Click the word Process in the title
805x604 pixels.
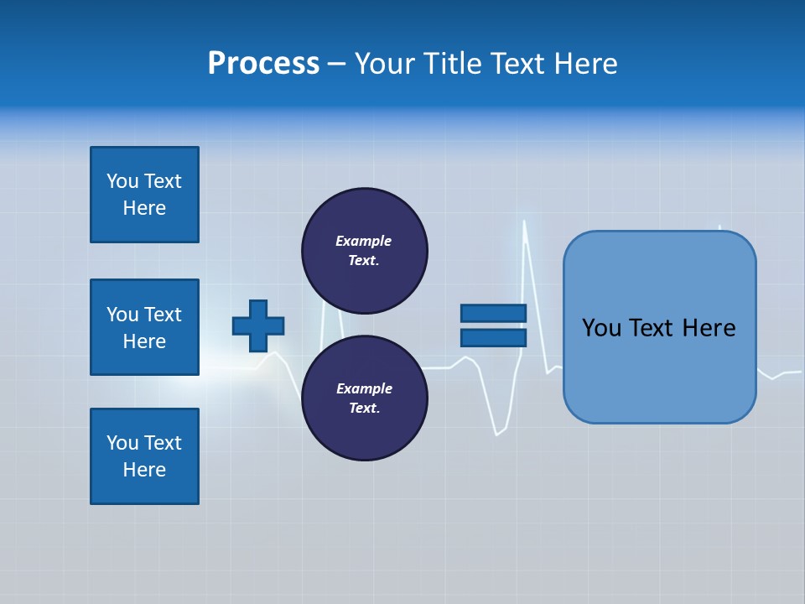point(263,63)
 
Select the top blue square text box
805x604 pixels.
point(144,195)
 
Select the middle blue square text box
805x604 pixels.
point(144,327)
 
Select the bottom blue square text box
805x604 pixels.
point(144,456)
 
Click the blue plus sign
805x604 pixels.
point(258,325)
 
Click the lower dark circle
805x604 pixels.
point(364,398)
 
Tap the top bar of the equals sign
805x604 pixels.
point(493,313)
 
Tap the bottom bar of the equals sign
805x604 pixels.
point(493,337)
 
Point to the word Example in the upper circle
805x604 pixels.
point(363,241)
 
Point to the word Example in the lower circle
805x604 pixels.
point(363,388)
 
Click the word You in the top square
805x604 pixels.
point(122,181)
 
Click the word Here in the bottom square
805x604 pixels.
point(144,470)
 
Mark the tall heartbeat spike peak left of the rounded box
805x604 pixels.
point(525,222)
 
